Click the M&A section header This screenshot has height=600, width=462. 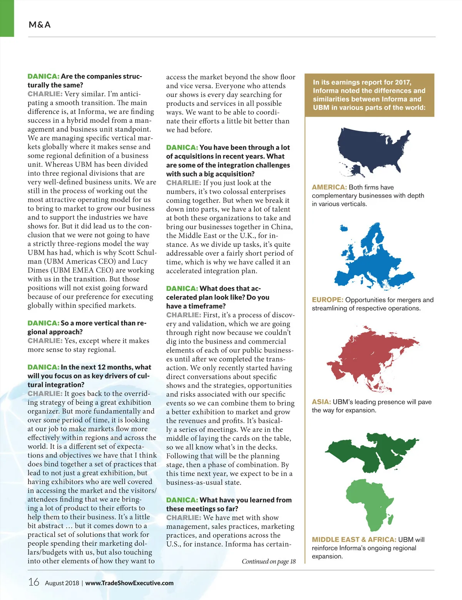40,25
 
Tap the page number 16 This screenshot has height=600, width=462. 34,582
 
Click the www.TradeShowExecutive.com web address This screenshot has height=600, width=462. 129,583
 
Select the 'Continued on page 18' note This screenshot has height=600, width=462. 268,561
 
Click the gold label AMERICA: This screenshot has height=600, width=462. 330,187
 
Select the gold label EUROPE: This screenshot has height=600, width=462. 328,300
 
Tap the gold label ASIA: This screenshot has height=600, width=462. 321,402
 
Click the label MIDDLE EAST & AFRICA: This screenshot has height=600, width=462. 354,540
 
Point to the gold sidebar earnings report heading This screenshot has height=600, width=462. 369,95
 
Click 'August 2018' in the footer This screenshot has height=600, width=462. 62,583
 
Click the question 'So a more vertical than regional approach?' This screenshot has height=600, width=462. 87,327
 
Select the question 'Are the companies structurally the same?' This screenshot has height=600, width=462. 85,80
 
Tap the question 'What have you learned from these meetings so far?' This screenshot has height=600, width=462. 229,504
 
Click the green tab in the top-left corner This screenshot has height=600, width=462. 7,18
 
